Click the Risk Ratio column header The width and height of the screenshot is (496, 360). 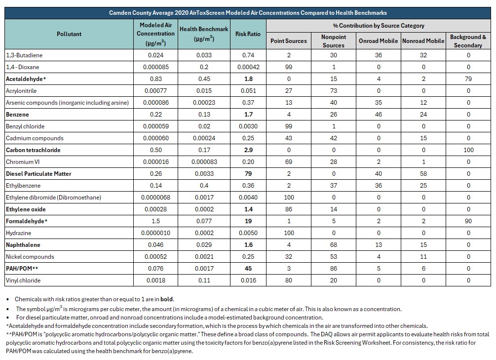tap(248, 34)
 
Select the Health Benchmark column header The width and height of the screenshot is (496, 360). tap(204, 34)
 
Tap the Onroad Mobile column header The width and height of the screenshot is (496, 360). tap(378, 41)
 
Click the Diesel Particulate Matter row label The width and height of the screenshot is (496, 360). tap(38, 173)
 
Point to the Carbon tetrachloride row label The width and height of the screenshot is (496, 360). tap(33, 150)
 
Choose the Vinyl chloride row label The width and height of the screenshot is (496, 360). tap(23, 280)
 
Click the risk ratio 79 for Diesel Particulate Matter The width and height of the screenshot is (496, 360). tap(248, 173)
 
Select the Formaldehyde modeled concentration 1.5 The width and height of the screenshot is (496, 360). tap(155, 221)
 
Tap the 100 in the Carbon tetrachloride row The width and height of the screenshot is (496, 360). tap(468, 150)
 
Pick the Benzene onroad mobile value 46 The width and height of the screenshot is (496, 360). tap(379, 114)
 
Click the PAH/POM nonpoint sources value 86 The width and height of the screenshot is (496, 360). tap(334, 269)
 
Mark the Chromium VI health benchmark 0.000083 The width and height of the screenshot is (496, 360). tap(204, 162)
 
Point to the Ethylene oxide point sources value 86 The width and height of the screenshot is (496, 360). tap(289, 209)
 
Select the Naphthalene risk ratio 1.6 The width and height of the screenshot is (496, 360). tap(248, 245)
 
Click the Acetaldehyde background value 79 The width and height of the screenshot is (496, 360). tap(468, 79)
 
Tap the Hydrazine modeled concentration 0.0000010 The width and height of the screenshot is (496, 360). tap(155, 233)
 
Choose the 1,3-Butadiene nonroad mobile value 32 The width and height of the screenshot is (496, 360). tap(423, 55)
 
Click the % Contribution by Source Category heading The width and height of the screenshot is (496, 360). tap(379, 26)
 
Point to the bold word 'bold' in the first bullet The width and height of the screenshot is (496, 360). tap(167, 299)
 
